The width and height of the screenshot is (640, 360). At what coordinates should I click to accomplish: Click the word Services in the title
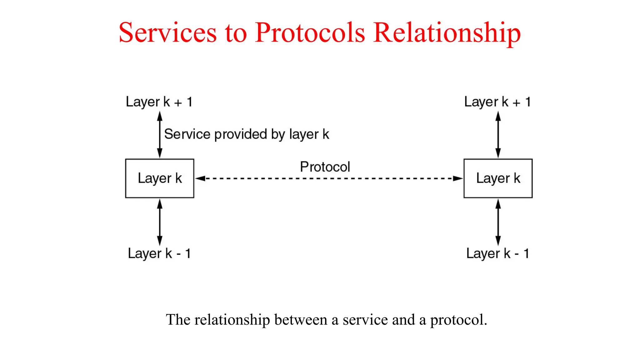tap(168, 32)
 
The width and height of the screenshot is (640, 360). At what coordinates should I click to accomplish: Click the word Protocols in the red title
tap(310, 32)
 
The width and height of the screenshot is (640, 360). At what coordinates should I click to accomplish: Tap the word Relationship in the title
tap(447, 33)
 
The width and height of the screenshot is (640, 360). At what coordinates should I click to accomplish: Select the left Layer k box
tap(160, 178)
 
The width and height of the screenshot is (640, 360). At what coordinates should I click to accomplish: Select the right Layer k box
tap(498, 178)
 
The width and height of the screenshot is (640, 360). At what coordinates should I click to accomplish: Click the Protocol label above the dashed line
tap(325, 167)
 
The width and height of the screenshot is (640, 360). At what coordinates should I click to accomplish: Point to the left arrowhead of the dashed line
tap(200, 178)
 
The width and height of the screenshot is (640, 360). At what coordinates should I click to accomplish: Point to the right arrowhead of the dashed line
tap(458, 178)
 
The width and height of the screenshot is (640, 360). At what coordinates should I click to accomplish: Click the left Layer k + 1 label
tap(159, 102)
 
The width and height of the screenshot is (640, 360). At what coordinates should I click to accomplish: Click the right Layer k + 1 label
tap(497, 102)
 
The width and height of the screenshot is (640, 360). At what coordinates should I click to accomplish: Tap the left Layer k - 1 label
tap(159, 253)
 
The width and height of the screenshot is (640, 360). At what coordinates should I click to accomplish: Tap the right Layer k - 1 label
tap(497, 253)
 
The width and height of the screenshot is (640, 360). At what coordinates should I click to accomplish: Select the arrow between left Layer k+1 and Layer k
tap(160, 135)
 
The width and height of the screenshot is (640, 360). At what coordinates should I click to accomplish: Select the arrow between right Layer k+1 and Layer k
tap(498, 135)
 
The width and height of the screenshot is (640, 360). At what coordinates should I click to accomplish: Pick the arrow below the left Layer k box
tap(160, 222)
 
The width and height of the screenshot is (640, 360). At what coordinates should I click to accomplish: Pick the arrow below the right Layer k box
tap(498, 222)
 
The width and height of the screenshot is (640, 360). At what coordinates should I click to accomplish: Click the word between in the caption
tap(301, 320)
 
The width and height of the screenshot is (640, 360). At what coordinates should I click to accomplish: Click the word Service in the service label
tap(187, 134)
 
